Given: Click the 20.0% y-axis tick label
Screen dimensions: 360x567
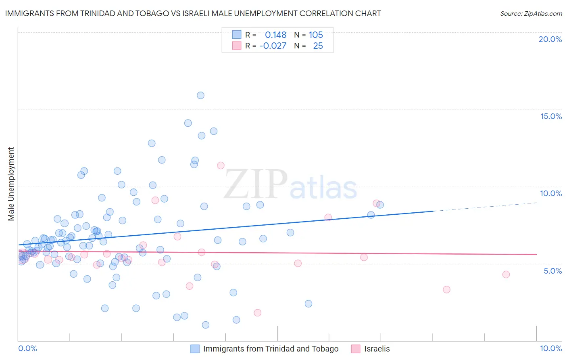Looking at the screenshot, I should (x=550, y=39).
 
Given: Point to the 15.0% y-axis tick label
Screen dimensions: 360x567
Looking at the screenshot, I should (x=551, y=116).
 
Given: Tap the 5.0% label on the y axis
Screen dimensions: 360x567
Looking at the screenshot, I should (x=552, y=271).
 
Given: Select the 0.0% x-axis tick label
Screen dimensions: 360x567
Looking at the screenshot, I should (x=27, y=348).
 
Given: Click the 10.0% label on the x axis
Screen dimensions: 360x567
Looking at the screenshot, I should (x=551, y=348).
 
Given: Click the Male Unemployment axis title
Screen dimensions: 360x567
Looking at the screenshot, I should (x=11, y=184).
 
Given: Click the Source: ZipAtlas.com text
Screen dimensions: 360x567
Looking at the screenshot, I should (x=531, y=13).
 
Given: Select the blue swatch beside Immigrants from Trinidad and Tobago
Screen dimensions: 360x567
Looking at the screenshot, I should (x=195, y=349).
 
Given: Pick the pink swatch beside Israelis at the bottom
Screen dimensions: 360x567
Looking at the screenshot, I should (x=356, y=349).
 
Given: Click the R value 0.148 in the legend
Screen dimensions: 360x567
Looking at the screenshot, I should (x=275, y=35).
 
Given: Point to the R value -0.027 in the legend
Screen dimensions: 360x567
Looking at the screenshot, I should (x=273, y=46).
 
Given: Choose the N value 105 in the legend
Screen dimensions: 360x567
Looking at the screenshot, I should (x=316, y=35).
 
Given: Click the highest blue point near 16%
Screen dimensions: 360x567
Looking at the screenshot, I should (x=200, y=95).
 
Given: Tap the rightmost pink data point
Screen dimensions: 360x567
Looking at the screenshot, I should (x=506, y=274).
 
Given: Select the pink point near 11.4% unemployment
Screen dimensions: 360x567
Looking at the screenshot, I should (x=221, y=165).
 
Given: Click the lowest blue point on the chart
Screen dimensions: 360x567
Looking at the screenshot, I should (x=206, y=325).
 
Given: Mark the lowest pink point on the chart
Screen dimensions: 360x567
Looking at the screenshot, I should (x=257, y=313).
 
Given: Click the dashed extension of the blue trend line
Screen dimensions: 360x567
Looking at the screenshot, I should (x=484, y=207).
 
